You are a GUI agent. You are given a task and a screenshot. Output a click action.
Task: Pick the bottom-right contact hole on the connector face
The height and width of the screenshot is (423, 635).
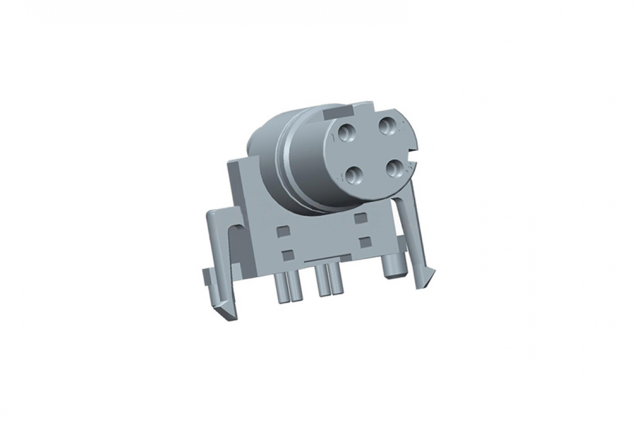[x=397, y=168]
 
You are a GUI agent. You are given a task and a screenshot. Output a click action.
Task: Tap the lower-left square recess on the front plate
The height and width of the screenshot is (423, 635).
[x=288, y=253]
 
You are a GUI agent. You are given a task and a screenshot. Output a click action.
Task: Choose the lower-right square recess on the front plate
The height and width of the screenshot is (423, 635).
[x=365, y=240]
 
